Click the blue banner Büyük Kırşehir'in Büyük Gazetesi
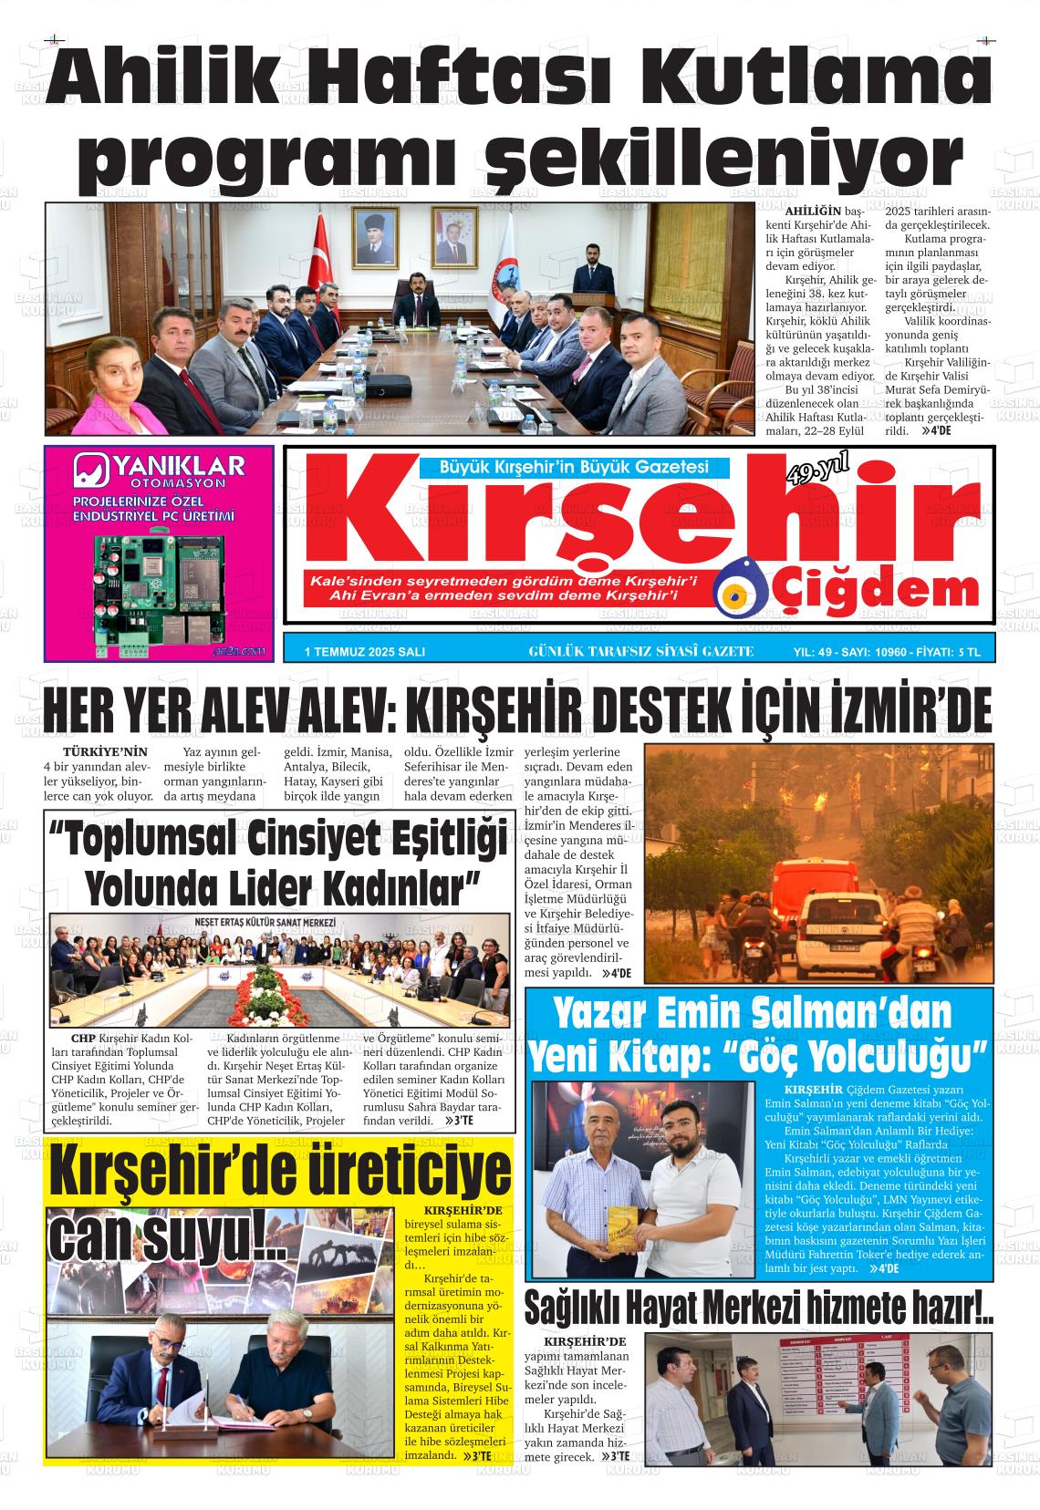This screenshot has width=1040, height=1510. point(574,467)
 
